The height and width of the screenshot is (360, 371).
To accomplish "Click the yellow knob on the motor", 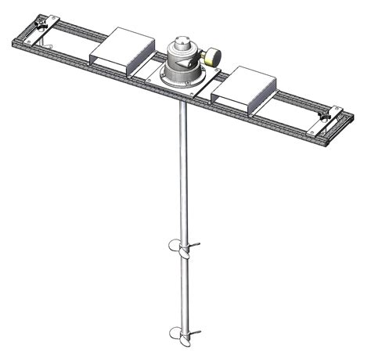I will pyautogui.click(x=212, y=56).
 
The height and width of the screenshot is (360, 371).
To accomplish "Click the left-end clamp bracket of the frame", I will pyautogui.click(x=39, y=26).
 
